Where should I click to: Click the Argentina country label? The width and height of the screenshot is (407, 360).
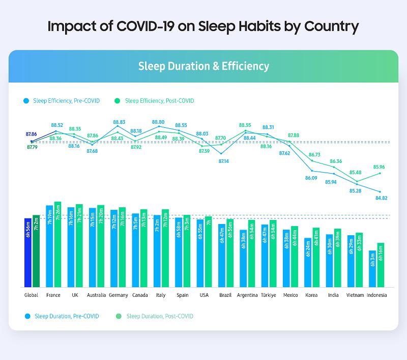tap(247, 295)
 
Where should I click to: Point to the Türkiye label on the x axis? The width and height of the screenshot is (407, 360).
tap(269, 295)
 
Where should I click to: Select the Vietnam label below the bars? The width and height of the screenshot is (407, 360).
tap(355, 295)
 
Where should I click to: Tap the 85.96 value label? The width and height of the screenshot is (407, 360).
tap(379, 167)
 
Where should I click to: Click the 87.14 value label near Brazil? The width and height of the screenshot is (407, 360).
tap(223, 161)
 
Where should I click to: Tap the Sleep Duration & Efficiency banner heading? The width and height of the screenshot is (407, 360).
tap(203, 66)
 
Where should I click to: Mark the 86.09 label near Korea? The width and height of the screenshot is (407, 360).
tap(311, 178)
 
